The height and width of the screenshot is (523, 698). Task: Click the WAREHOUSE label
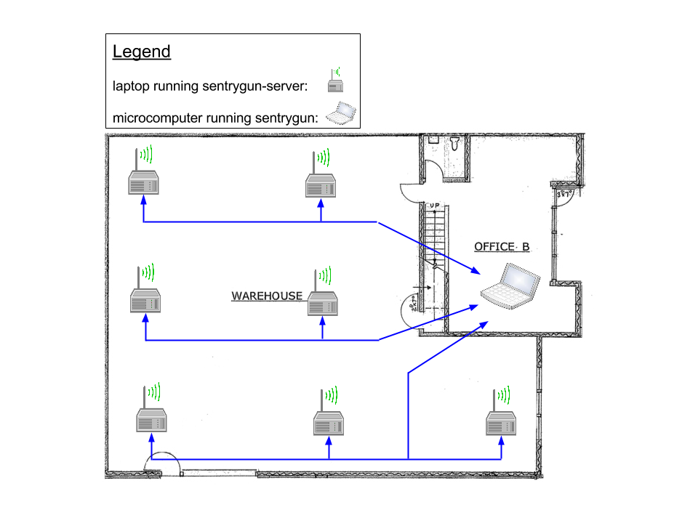pyautogui.click(x=267, y=296)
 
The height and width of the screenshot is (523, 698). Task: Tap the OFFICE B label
pyautogui.click(x=502, y=247)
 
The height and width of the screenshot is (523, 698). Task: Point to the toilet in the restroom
pyautogui.click(x=455, y=142)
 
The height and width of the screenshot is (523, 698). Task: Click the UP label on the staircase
pyautogui.click(x=435, y=206)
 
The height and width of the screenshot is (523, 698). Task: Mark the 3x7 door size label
pyautogui.click(x=564, y=195)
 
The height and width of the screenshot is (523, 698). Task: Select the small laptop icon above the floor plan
pyautogui.click(x=340, y=113)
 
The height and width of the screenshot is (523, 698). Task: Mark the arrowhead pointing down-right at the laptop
pyautogui.click(x=477, y=272)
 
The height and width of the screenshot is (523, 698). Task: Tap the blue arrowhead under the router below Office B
pyautogui.click(x=501, y=439)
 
